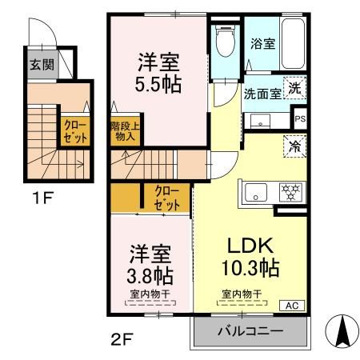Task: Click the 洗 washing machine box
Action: coord(295,90)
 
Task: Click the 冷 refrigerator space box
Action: coord(295,146)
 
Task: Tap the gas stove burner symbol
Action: coord(289,192)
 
